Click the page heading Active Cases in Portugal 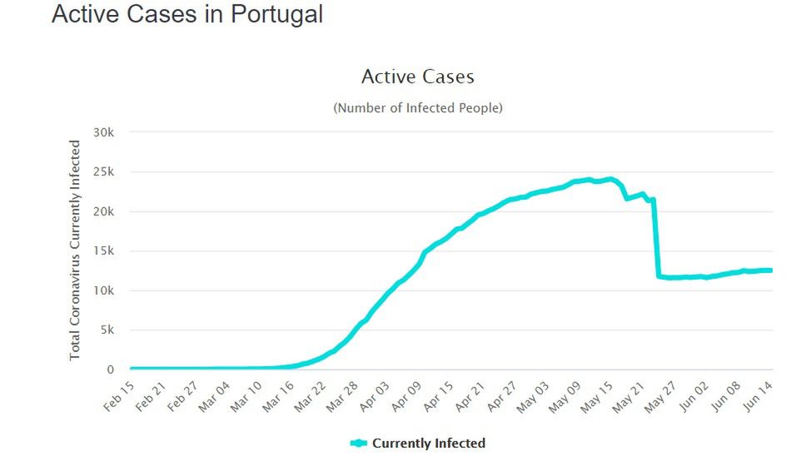pyautogui.click(x=187, y=14)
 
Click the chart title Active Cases pyautogui.click(x=417, y=77)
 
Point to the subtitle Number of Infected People pyautogui.click(x=418, y=108)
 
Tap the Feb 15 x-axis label pyautogui.click(x=118, y=392)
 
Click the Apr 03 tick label pyautogui.click(x=374, y=392)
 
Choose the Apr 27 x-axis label pyautogui.click(x=502, y=392)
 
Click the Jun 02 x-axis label pyautogui.click(x=695, y=392)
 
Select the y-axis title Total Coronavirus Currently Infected pyautogui.click(x=75, y=250)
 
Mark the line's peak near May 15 pyautogui.click(x=610, y=179)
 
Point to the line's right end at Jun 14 pyautogui.click(x=771, y=270)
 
